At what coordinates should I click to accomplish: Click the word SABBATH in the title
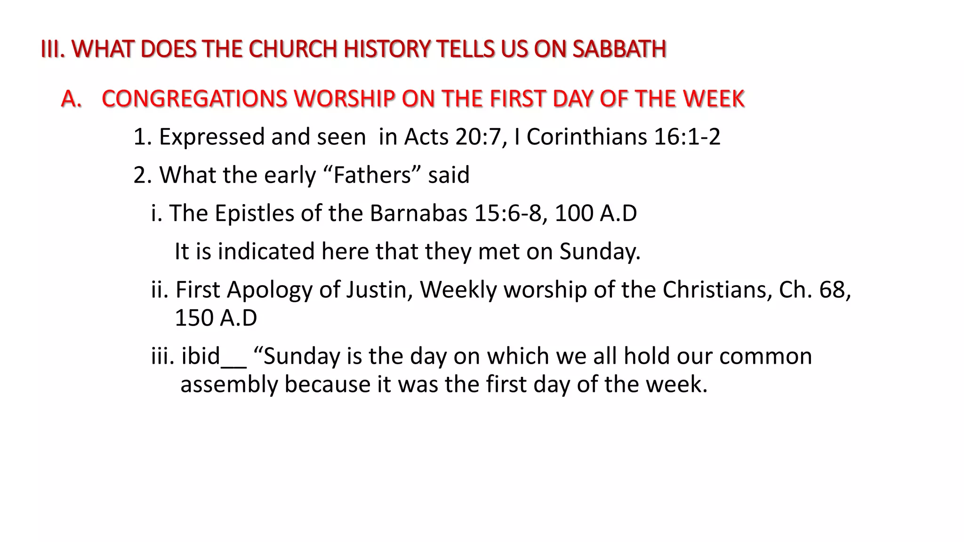(x=619, y=49)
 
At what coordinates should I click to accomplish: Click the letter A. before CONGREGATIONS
(x=71, y=99)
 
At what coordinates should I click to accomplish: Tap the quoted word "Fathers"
(x=372, y=175)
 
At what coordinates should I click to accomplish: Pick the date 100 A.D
(x=595, y=213)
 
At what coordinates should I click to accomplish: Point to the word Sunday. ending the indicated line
(x=600, y=251)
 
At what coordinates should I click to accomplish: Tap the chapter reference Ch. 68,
(x=815, y=289)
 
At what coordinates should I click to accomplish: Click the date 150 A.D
(x=216, y=318)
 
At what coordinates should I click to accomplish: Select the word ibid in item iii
(x=201, y=356)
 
